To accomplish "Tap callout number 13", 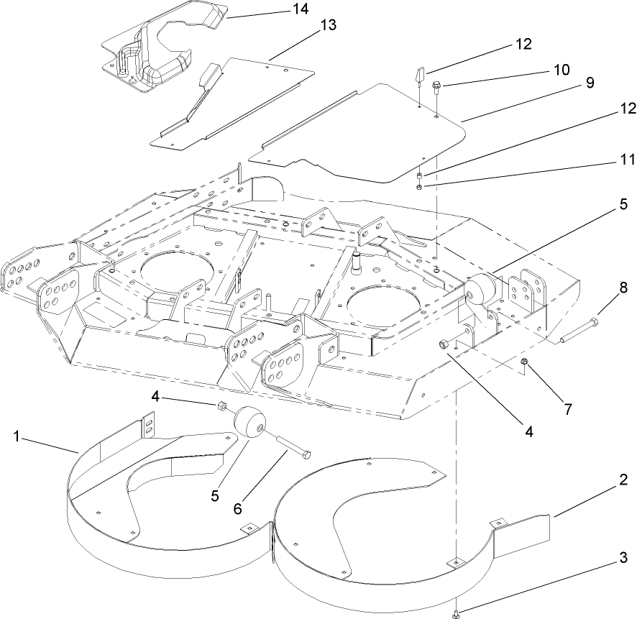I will [x=327, y=26].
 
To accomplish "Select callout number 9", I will [x=589, y=83].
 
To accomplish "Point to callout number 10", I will [x=561, y=70].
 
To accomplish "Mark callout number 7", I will [x=567, y=410].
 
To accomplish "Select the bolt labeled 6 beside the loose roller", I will [x=291, y=446].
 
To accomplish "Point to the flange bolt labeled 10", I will [x=437, y=88].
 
